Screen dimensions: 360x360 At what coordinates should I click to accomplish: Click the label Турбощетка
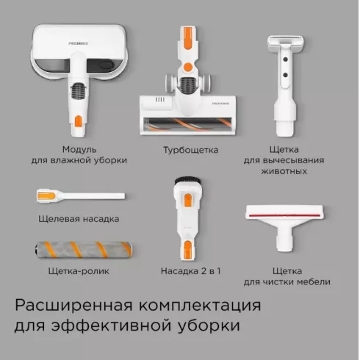click(x=191, y=150)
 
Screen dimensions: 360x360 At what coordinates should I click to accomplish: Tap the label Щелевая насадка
click(x=79, y=219)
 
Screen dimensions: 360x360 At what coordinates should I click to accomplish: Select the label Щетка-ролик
click(x=79, y=271)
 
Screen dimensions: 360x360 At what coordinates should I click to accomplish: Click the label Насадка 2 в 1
click(x=191, y=271)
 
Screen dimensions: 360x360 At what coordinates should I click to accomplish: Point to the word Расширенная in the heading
click(x=73, y=306)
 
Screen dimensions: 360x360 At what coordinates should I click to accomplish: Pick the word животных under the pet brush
click(x=284, y=171)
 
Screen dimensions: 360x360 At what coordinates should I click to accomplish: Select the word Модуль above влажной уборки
click(x=79, y=149)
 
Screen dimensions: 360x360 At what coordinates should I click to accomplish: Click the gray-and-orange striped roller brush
click(x=84, y=250)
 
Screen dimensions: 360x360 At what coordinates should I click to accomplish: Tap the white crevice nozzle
click(x=81, y=196)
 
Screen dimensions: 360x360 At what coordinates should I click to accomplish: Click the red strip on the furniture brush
click(x=284, y=215)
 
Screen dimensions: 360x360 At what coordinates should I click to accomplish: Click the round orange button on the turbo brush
click(x=188, y=67)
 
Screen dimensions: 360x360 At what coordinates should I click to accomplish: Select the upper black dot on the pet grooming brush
click(x=285, y=60)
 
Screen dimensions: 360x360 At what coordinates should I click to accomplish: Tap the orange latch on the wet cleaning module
click(x=79, y=120)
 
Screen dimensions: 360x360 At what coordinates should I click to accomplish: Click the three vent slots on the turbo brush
click(x=160, y=100)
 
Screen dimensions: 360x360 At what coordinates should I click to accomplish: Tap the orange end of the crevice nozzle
click(x=46, y=196)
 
